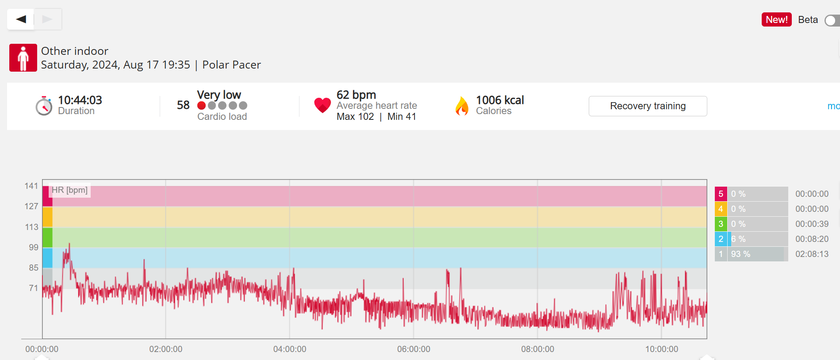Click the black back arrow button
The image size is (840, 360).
point(21,19)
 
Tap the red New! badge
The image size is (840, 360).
point(776,19)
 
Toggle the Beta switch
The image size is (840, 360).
point(832,20)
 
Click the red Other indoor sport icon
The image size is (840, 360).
point(23,57)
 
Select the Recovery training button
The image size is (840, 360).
point(648,106)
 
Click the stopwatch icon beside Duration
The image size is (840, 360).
point(44,106)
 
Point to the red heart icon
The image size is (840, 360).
point(322,105)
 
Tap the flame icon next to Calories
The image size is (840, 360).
point(462,106)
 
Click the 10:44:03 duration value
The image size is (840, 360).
point(80,100)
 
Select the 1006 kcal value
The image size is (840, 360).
point(500,100)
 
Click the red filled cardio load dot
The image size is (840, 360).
point(201,106)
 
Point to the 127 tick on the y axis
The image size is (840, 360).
point(31,207)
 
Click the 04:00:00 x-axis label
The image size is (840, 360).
point(290,349)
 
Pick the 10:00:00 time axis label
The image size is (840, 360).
point(661,349)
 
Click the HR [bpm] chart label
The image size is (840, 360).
point(69,190)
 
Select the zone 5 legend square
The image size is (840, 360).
point(721,194)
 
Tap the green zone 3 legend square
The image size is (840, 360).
point(721,224)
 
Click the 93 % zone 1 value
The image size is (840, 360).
point(740,254)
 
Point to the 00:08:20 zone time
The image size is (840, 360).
point(812,239)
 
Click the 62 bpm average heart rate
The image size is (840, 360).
point(356,95)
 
